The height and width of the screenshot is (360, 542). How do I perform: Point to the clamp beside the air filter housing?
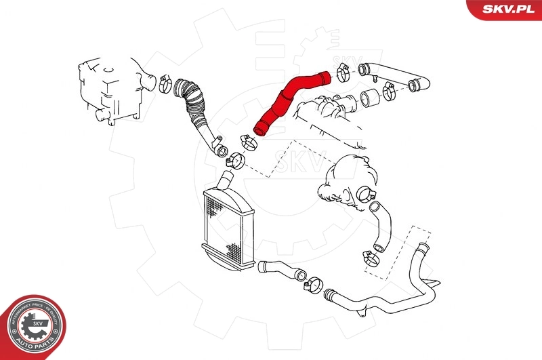point(165,84)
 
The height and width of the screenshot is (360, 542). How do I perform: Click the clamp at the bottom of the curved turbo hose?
point(371,257)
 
